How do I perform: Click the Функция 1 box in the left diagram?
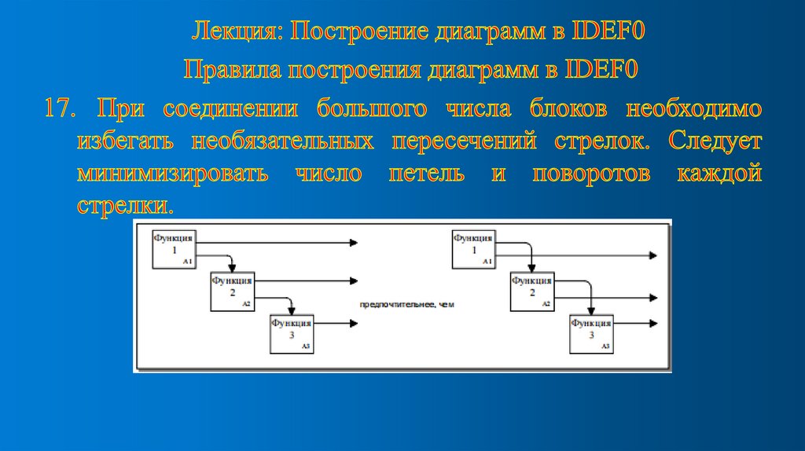[x=174, y=250]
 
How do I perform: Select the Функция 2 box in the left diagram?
[x=232, y=292]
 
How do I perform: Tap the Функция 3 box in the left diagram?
[x=291, y=334]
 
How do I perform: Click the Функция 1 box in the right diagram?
[x=473, y=250]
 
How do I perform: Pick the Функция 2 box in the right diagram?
[x=531, y=292]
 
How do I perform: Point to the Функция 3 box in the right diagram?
[x=591, y=334]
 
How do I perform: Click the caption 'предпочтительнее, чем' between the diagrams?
[x=407, y=304]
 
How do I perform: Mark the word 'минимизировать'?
[x=173, y=174]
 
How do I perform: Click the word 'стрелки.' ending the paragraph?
[x=123, y=207]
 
